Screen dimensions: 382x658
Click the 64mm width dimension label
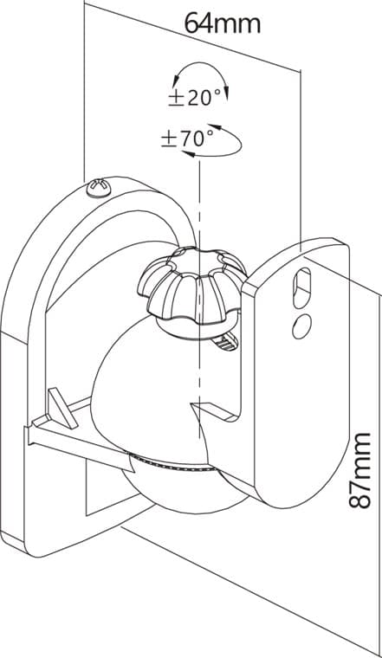pyautogui.click(x=223, y=23)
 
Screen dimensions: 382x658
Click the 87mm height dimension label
pyautogui.click(x=360, y=470)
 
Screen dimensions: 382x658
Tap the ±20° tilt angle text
pyautogui.click(x=195, y=98)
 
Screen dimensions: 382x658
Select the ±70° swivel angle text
pyautogui.click(x=187, y=139)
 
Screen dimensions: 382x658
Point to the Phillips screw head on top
pyautogui.click(x=99, y=189)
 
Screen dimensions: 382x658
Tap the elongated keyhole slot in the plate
pyautogui.click(x=301, y=288)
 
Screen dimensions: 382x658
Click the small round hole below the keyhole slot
pyautogui.click(x=301, y=327)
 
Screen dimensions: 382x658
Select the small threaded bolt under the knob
pyautogui.click(x=226, y=341)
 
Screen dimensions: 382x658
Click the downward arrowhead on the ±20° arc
pyautogui.click(x=227, y=94)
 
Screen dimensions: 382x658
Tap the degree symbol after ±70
pyautogui.click(x=209, y=133)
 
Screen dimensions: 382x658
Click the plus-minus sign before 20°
pyautogui.click(x=177, y=99)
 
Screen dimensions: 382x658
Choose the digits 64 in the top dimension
pyautogui.click(x=197, y=23)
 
